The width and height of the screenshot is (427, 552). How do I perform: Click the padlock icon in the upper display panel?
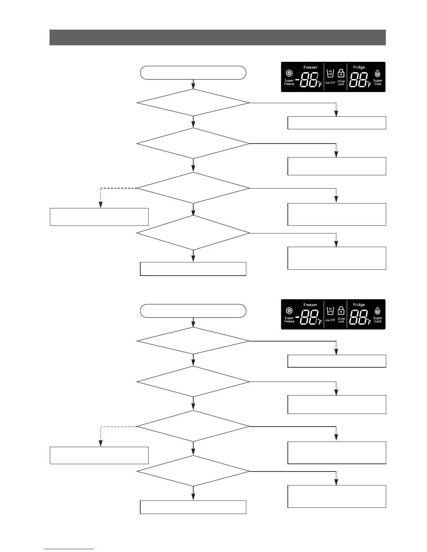coord(341,74)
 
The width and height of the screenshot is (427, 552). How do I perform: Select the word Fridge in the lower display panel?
coord(359,305)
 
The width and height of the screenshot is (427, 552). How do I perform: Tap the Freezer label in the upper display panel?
coord(310,67)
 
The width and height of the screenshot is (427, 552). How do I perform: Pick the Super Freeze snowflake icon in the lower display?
coord(289,311)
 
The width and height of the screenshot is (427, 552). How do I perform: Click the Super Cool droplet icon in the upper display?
coord(377,74)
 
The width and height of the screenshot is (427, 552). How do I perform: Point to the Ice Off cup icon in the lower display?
coord(330,310)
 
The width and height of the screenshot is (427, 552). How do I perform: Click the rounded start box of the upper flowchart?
coord(193,72)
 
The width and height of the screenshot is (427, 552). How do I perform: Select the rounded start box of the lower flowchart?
coord(193,311)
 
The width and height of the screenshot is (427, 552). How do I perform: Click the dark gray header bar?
coord(217,37)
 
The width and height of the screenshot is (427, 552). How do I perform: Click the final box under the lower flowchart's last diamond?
coord(193,507)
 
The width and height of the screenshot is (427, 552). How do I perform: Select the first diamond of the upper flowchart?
coord(193,103)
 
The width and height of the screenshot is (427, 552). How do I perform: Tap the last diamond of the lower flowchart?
coord(193,471)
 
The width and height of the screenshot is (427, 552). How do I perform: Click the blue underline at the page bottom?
coord(69,549)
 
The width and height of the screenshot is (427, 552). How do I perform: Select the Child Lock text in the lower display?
coord(341,320)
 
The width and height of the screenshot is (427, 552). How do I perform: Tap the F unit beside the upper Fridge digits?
coord(369,84)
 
